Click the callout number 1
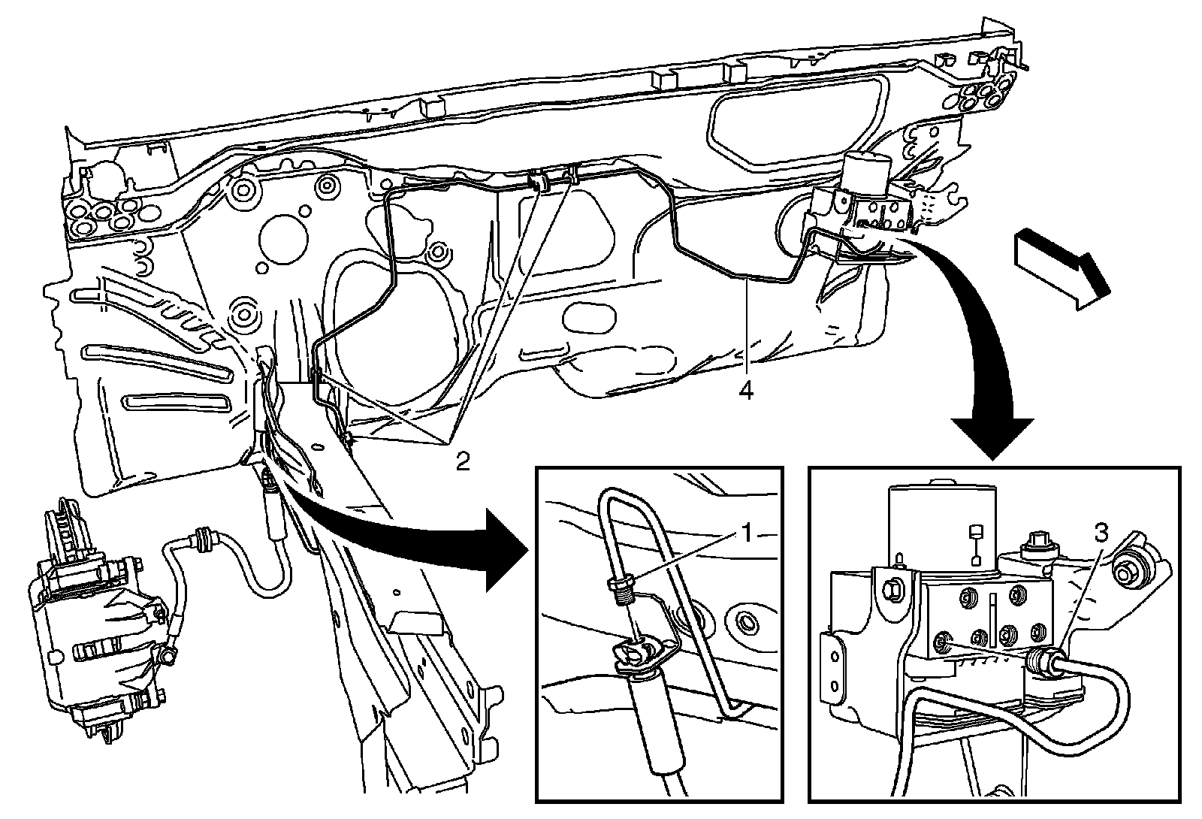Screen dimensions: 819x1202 click(746, 534)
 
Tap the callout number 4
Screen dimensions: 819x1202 click(746, 391)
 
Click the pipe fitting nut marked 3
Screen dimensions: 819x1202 click(1040, 659)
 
